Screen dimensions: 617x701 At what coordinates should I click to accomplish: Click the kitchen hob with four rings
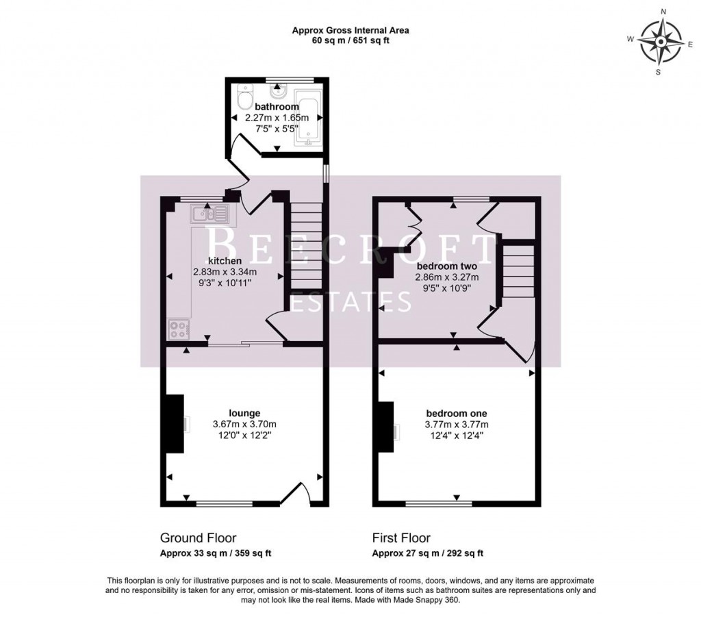click(x=179, y=330)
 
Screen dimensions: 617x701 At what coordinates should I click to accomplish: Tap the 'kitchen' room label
click(x=225, y=261)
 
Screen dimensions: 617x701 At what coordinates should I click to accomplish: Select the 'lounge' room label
click(x=244, y=413)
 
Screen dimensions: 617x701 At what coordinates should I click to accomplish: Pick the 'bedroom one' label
click(x=457, y=413)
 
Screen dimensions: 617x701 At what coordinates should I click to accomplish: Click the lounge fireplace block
click(x=174, y=424)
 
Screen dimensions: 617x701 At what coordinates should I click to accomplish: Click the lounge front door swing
click(x=299, y=494)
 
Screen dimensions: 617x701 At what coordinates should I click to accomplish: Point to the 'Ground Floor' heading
click(x=198, y=538)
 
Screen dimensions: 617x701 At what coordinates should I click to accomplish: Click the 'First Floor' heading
click(x=401, y=538)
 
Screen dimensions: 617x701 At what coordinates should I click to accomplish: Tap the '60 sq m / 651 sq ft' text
click(x=350, y=40)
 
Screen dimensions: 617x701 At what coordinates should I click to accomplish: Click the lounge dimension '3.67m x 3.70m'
click(x=244, y=424)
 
